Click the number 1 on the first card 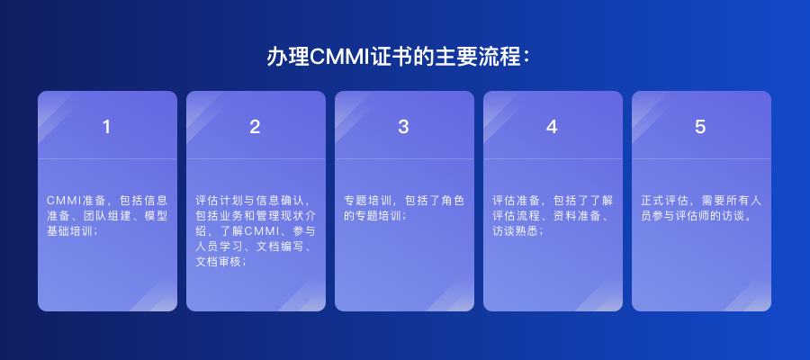tap(107, 127)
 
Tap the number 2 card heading tap(256, 127)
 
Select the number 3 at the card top tap(404, 127)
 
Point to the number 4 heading tap(553, 127)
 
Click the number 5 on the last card tap(701, 127)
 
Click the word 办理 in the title tap(288, 57)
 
